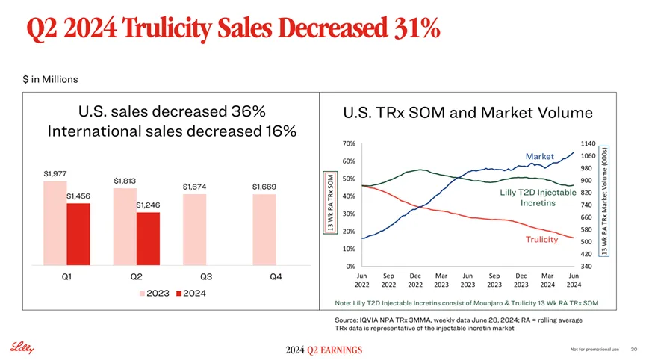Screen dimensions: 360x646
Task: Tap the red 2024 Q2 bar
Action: click(148, 239)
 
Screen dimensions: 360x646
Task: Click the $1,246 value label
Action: click(148, 205)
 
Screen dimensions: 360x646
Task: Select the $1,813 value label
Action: click(125, 180)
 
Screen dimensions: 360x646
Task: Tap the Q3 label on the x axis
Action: click(206, 276)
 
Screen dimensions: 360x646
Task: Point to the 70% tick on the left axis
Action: click(349, 143)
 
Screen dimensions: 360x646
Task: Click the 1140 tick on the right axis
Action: click(587, 143)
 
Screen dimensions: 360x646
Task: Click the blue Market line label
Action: click(538, 156)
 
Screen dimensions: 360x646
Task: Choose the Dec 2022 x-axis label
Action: click(416, 279)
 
